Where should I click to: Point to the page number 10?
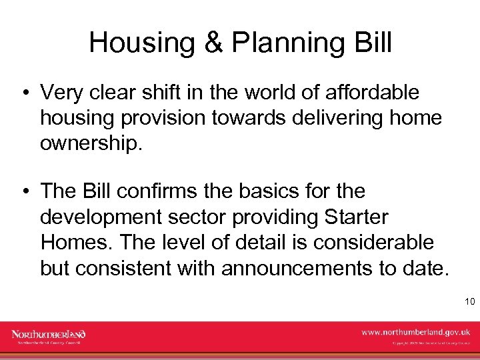pos(469,302)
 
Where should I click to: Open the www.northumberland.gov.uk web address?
pos(415,331)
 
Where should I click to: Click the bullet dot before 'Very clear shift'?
pos(25,92)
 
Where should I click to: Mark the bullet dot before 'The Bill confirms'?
pos(25,192)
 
